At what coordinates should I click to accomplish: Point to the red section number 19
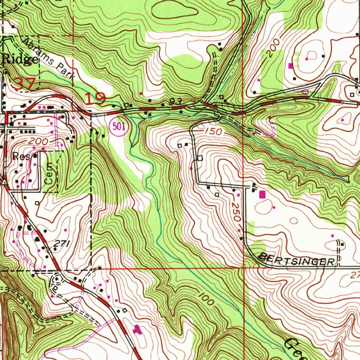[95, 99]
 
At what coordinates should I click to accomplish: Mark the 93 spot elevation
[173, 101]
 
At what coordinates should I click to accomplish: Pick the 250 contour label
[237, 212]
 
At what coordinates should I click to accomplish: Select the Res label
[21, 156]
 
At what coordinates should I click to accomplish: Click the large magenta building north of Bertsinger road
[262, 194]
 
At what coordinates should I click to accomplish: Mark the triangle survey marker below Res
[4, 182]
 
